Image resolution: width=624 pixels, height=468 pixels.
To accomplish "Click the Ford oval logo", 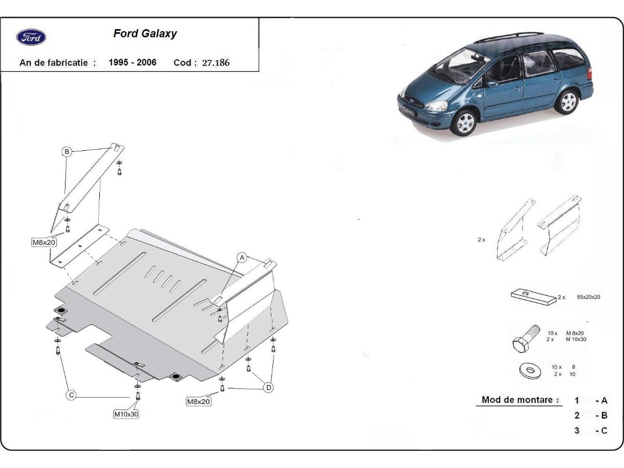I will point(31,37).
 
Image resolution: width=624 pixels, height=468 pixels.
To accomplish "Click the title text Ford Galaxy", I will point(145,34).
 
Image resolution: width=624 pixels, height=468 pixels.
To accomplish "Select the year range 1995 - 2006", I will point(133,62).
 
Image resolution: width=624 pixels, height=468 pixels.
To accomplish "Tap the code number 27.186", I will point(216,63).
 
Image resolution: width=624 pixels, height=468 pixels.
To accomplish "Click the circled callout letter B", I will point(67,152).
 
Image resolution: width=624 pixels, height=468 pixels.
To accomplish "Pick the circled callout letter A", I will point(242,257).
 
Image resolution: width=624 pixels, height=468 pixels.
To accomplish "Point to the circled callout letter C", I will point(71,395).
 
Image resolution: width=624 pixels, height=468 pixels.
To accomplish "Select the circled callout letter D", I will point(268,387).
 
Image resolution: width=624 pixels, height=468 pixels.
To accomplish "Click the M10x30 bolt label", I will point(126,414).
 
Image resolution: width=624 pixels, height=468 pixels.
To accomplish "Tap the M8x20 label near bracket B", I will point(45,242).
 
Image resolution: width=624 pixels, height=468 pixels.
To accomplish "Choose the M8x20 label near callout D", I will point(199,401).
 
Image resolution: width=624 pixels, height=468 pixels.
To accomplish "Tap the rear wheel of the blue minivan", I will point(568,101).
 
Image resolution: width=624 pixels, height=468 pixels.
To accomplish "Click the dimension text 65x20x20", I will point(589,297).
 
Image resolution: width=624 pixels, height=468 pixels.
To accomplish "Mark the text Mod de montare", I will point(517,400).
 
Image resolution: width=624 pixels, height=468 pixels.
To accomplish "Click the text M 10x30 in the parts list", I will point(576,339).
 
